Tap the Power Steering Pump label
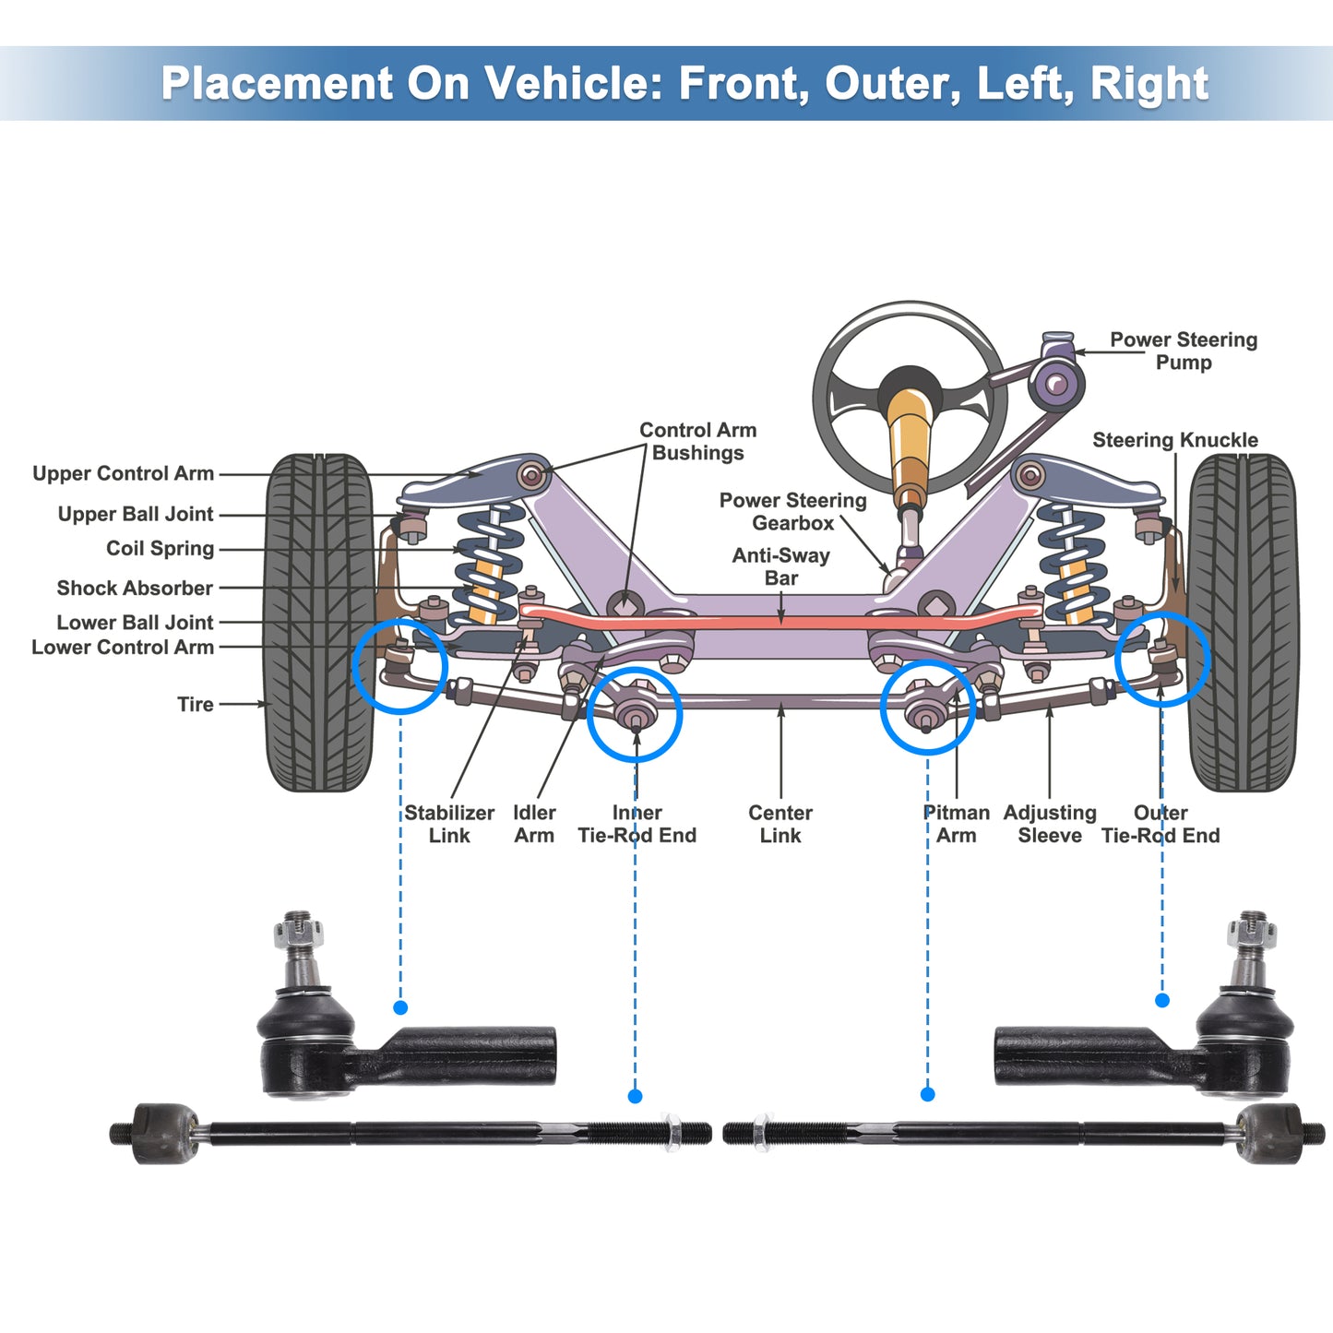coord(1183,351)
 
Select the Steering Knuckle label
coord(1174,440)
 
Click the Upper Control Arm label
coord(123,473)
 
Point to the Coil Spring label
coord(160,549)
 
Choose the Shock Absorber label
coord(135,588)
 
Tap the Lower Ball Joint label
coord(135,623)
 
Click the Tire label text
coord(195,704)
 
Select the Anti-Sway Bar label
coord(781,566)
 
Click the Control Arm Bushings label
coord(698,441)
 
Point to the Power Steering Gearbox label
coord(792,511)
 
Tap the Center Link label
coord(780,824)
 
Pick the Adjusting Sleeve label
coord(1050,824)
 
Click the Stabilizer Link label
coord(449,824)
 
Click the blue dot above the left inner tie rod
coord(635,1096)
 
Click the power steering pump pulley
coord(1055,383)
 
